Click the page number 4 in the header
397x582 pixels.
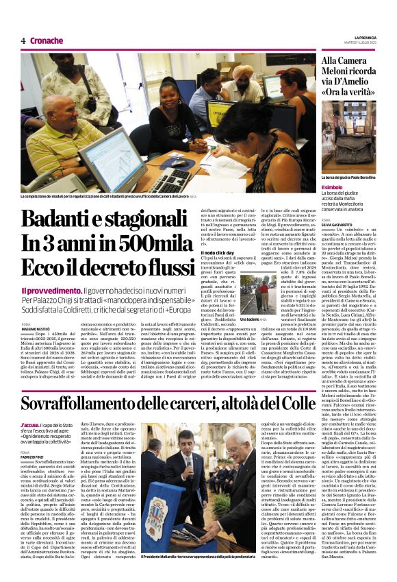[23, 40]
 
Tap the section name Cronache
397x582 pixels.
[47, 40]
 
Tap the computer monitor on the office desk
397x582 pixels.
[110, 158]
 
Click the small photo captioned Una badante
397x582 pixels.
[259, 292]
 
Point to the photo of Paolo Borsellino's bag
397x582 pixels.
[348, 137]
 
